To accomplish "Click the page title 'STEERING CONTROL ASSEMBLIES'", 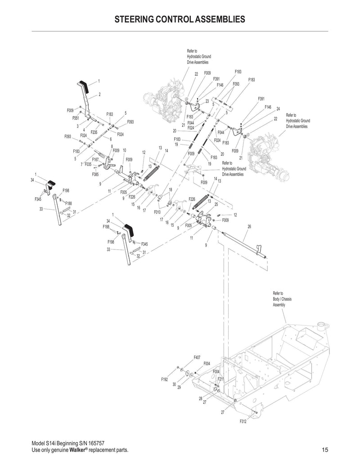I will (180, 19).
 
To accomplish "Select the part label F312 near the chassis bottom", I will (243, 422).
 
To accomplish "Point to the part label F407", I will (197, 357).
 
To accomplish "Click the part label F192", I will (164, 380).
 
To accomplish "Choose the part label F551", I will (76, 118).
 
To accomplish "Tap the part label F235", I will (94, 132).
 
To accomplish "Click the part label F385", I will (95, 174).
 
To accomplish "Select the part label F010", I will (157, 211).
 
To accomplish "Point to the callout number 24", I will (278, 109).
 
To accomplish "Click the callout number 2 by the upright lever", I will (99, 94).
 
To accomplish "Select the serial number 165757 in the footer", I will (95, 443).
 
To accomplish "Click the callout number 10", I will (124, 150).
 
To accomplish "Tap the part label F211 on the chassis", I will (220, 379).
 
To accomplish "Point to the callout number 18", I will (171, 190).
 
